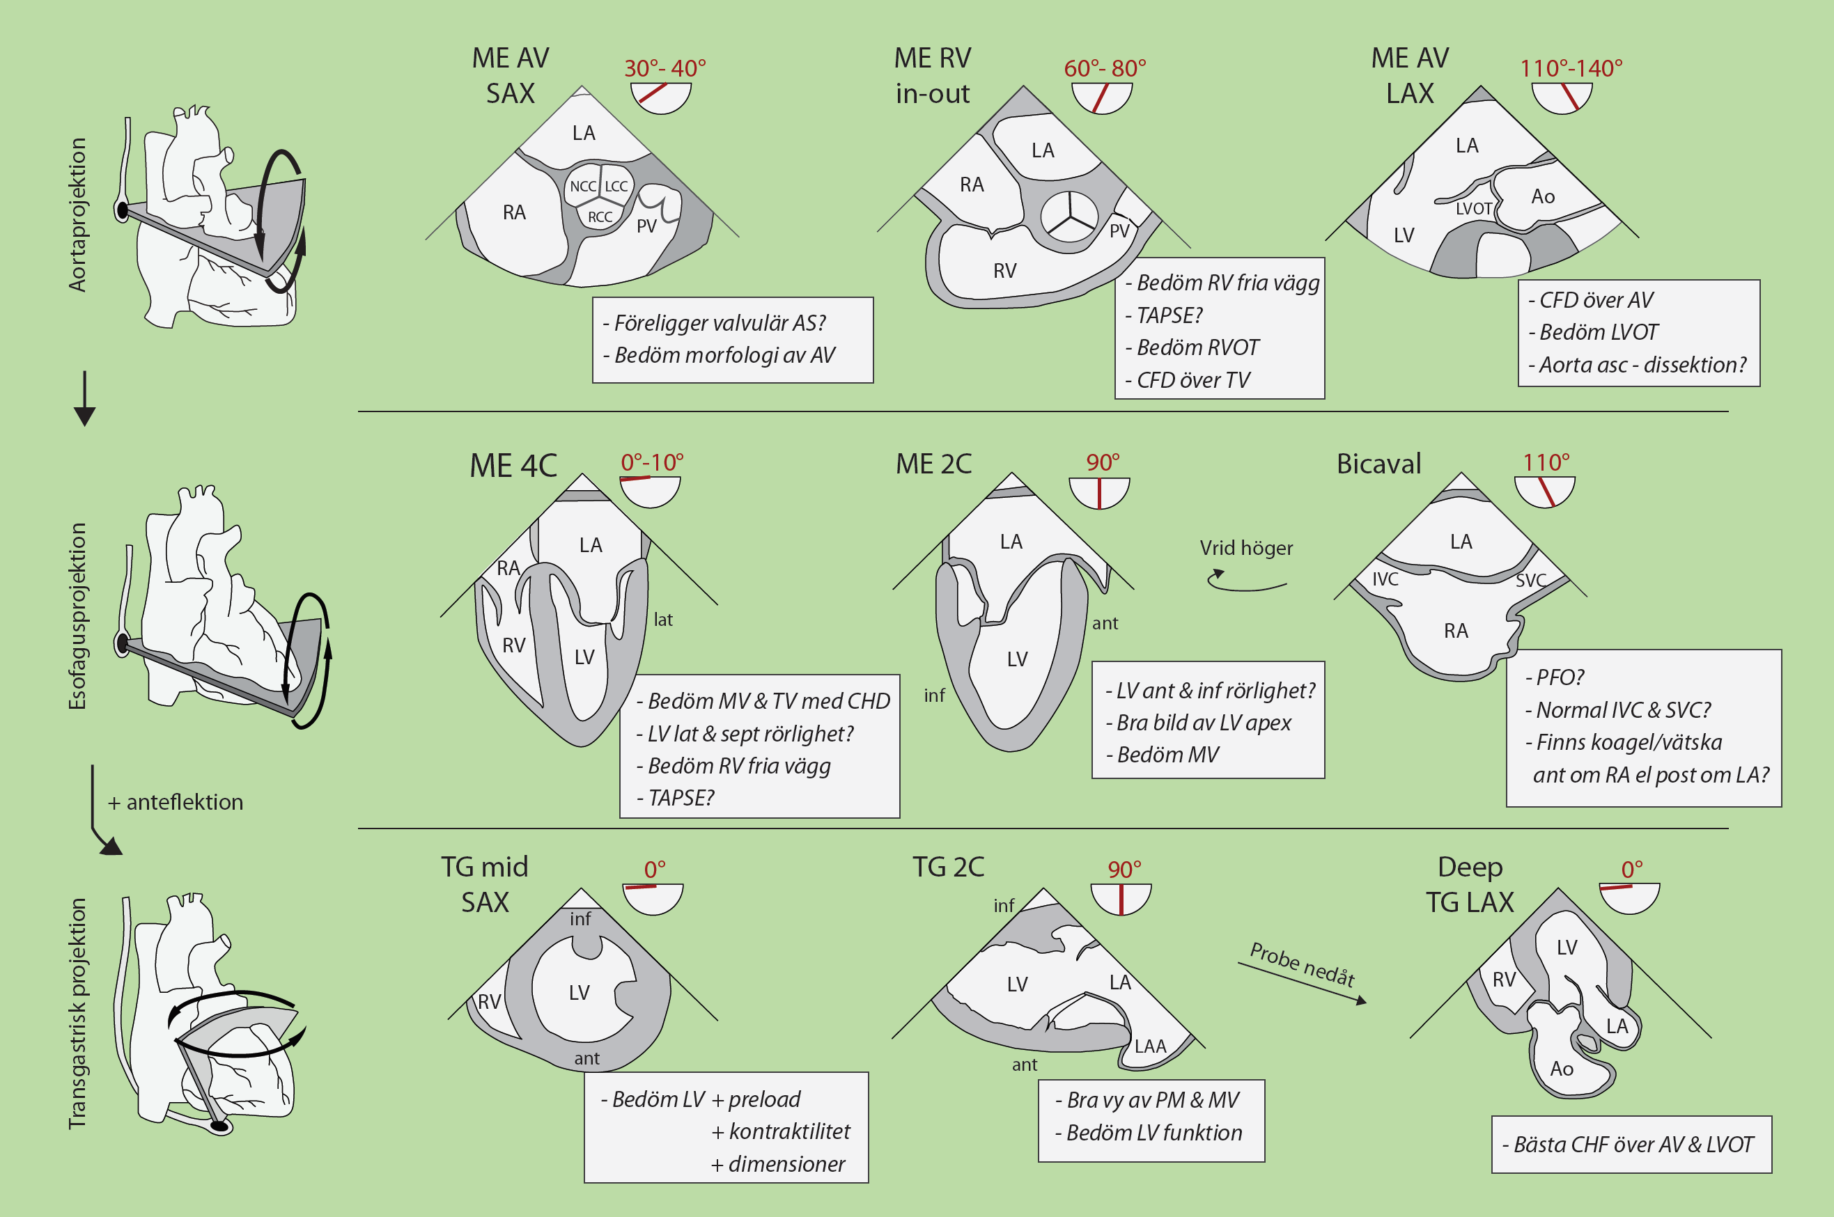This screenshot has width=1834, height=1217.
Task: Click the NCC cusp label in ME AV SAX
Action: [x=582, y=187]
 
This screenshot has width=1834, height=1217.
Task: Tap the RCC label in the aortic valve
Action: [x=600, y=217]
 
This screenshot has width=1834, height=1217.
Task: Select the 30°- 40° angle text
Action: [x=665, y=68]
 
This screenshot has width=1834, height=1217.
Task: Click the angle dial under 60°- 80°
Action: [x=1101, y=97]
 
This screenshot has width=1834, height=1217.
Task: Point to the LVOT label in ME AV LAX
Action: [x=1473, y=209]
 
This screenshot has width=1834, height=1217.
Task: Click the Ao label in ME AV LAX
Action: [x=1542, y=196]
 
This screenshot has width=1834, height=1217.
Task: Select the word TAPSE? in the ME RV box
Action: [x=1169, y=315]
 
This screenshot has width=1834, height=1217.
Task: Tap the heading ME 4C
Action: [x=513, y=466]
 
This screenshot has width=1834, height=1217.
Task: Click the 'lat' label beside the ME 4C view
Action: [x=662, y=620]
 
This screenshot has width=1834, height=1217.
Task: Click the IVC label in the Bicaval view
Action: [x=1385, y=579]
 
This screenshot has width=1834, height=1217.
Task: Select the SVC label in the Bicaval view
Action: [x=1530, y=581]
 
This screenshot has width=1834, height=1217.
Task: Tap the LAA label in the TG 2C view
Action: [x=1150, y=1046]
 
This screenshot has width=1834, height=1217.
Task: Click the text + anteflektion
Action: [x=176, y=802]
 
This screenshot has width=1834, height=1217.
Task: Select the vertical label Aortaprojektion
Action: [x=77, y=215]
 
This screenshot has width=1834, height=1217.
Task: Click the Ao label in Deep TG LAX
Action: [x=1561, y=1069]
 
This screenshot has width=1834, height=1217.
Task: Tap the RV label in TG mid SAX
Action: [x=489, y=1002]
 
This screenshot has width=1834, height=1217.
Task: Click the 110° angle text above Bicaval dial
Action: [x=1545, y=462]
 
